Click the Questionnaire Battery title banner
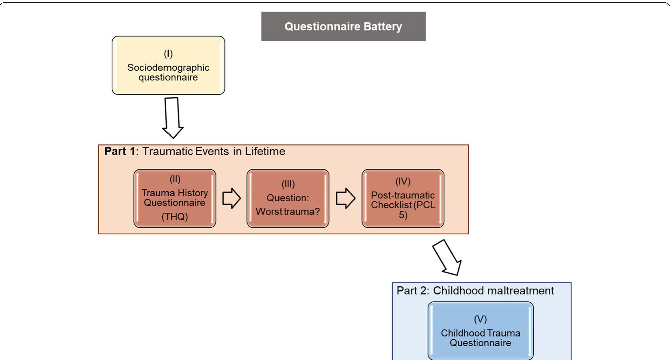click(x=343, y=26)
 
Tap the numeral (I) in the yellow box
click(x=168, y=54)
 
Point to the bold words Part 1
click(x=120, y=151)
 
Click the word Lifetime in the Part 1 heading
click(x=265, y=151)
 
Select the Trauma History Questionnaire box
click(x=175, y=198)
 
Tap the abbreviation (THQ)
click(x=175, y=217)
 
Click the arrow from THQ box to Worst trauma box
click(x=231, y=198)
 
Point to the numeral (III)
click(x=288, y=184)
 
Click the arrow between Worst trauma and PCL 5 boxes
click(x=345, y=198)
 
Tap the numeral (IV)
click(x=403, y=181)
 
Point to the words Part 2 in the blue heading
click(x=412, y=291)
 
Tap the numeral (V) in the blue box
click(x=480, y=319)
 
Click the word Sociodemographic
click(x=168, y=68)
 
